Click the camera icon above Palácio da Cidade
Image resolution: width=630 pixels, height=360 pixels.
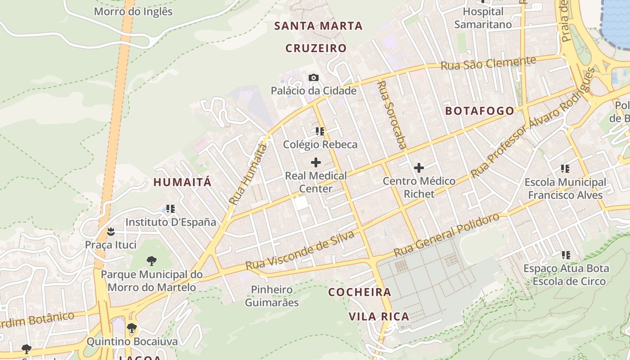point(314,78)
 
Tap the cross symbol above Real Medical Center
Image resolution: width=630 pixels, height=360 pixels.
point(316,162)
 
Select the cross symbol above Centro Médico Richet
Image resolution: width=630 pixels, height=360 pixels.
point(419,168)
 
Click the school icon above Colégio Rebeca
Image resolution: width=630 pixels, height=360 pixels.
point(320,131)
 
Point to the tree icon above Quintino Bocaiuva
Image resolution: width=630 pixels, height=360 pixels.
point(131,328)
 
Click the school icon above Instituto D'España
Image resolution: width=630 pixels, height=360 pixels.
point(170,209)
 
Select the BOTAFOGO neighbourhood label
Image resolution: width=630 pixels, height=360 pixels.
point(479,111)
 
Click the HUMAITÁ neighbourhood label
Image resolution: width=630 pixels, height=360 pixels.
point(182,182)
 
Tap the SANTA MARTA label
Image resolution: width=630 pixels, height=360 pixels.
point(319,26)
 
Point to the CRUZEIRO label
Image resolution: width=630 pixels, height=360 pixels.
point(316,48)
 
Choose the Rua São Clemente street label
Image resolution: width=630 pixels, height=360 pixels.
point(488,63)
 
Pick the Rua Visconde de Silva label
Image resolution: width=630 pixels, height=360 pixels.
point(300,250)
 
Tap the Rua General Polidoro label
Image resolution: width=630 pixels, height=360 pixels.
point(446,235)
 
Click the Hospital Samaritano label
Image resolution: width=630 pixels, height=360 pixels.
point(483,18)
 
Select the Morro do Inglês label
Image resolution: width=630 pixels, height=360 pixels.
point(133,11)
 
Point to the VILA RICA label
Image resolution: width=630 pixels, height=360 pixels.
point(379,316)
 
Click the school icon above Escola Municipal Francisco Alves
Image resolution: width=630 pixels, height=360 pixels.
point(565,169)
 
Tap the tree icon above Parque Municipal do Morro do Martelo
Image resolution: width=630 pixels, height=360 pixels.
point(152,261)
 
